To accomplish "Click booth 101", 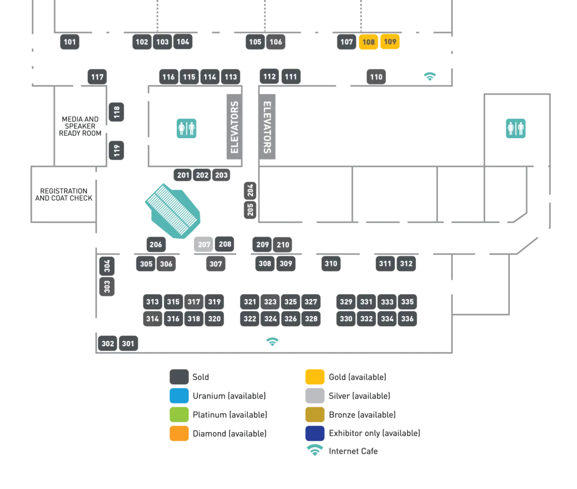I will [69, 42].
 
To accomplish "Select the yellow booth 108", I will [369, 42].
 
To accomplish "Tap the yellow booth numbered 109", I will [390, 42].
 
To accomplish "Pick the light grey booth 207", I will [204, 245].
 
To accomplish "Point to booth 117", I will [97, 77].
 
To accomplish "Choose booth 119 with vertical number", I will [117, 150].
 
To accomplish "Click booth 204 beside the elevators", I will [250, 190].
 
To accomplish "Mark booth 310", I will [331, 264].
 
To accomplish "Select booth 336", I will [407, 319].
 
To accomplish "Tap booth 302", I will [108, 344].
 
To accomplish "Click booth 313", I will [152, 302].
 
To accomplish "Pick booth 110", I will [376, 77].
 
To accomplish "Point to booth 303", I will [107, 287].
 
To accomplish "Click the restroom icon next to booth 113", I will [187, 128].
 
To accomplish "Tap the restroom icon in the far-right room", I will [516, 128].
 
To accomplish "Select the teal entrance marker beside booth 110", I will [430, 75].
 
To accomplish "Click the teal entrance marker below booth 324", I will [273, 340].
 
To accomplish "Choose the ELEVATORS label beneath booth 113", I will [235, 127].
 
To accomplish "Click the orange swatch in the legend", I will [178, 433].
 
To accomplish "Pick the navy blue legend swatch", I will [314, 433].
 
